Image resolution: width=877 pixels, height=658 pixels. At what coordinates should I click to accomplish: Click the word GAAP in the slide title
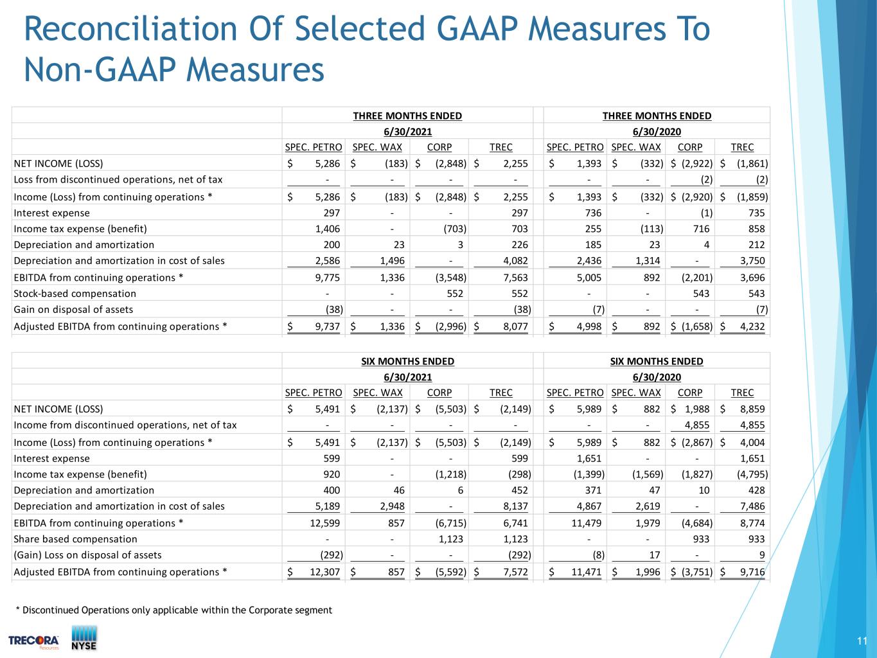pyautogui.click(x=477, y=29)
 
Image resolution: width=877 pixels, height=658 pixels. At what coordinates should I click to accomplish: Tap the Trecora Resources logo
pyautogui.click(x=33, y=642)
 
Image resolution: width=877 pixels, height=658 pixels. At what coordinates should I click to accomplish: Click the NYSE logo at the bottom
pyautogui.click(x=84, y=638)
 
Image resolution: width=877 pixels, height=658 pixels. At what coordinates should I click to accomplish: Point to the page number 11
pyautogui.click(x=862, y=641)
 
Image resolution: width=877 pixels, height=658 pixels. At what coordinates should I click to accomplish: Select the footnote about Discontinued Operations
pyautogui.click(x=174, y=610)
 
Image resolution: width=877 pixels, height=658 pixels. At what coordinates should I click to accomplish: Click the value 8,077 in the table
pyautogui.click(x=515, y=326)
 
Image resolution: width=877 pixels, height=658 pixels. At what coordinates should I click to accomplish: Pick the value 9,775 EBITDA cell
pyautogui.click(x=327, y=277)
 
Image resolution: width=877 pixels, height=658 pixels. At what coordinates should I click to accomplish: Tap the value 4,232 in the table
pyautogui.click(x=752, y=326)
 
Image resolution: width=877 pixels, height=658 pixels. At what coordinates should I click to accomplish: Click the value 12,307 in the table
pyautogui.click(x=325, y=572)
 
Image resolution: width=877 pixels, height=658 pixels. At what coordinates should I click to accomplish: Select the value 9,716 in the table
pyautogui.click(x=752, y=572)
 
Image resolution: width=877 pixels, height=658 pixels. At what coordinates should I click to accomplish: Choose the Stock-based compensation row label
pyautogui.click(x=75, y=294)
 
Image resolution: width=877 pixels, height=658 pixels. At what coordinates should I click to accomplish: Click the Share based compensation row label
pyautogui.click(x=75, y=539)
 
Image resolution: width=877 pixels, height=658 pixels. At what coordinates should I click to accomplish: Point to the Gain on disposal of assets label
pyautogui.click(x=73, y=310)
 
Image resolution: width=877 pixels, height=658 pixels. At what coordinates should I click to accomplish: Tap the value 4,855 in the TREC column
pyautogui.click(x=752, y=425)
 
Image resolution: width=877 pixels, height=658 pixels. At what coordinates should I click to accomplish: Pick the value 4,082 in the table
pyautogui.click(x=515, y=260)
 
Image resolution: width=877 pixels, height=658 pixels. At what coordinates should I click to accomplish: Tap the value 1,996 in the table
pyautogui.click(x=648, y=572)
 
